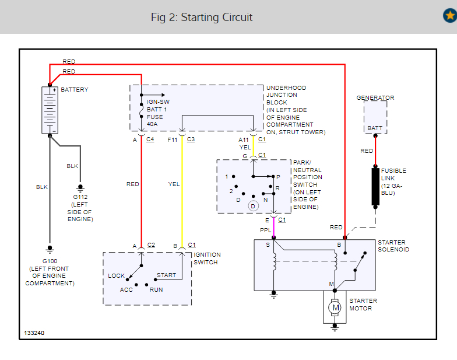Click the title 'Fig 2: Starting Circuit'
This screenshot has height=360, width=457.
coord(202,17)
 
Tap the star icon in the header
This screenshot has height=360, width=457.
coord(449,16)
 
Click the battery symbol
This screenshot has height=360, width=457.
coord(50,110)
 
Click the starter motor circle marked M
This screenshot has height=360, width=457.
coord(335,307)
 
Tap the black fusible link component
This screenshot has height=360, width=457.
coord(375,187)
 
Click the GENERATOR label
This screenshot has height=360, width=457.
coord(375,97)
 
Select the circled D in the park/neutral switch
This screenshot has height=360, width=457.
coord(253,205)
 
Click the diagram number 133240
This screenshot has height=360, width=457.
coord(34,333)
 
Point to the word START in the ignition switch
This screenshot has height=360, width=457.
coord(166,275)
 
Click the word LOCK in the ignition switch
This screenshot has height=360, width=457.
coord(117,275)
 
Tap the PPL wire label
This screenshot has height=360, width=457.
coord(265,230)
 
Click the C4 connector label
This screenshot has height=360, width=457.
coord(150,139)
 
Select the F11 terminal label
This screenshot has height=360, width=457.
coord(173,139)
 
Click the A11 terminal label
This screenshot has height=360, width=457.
coord(244,139)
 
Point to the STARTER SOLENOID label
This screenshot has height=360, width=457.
coord(393,246)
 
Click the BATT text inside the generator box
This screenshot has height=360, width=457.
coord(375,128)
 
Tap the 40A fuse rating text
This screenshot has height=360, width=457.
coord(152,124)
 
